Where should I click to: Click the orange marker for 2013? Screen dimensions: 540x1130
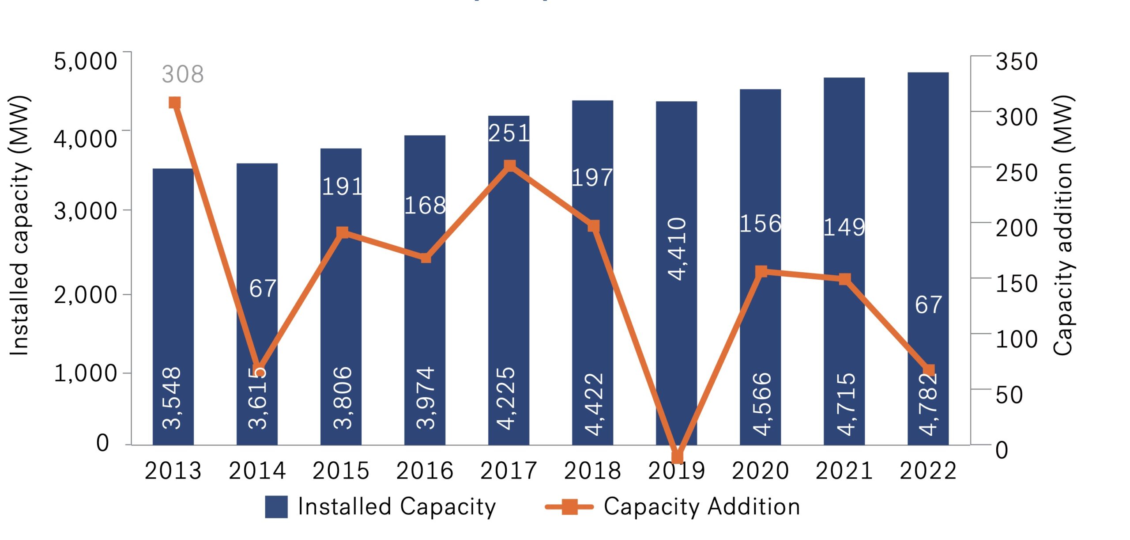[x=174, y=103]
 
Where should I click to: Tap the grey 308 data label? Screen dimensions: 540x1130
[x=183, y=74]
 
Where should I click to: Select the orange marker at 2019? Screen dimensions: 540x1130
[x=677, y=456]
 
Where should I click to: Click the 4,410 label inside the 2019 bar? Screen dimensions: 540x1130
[x=677, y=249]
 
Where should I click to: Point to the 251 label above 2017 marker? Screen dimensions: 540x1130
[x=509, y=133]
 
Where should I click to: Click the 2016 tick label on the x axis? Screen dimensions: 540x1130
[x=425, y=471]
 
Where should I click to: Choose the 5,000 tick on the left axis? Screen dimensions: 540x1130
[x=85, y=61]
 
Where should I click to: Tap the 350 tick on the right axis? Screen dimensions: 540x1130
[x=1016, y=62]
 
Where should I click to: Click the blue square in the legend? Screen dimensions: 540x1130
[x=276, y=506]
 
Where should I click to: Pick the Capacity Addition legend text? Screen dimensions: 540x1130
[x=701, y=506]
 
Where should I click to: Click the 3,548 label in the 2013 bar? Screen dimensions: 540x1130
[x=172, y=398]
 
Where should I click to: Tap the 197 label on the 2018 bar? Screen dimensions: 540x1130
[x=592, y=178]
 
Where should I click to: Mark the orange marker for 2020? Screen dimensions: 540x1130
[x=761, y=271]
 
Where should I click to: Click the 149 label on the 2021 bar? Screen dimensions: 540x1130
[x=844, y=227]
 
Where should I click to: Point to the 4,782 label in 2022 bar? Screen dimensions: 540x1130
[x=928, y=404]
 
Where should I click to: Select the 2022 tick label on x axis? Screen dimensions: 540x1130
[x=928, y=471]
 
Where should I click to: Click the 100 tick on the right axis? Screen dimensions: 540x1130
[x=1016, y=339]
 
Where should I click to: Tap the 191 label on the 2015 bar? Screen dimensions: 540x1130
[x=342, y=186]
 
